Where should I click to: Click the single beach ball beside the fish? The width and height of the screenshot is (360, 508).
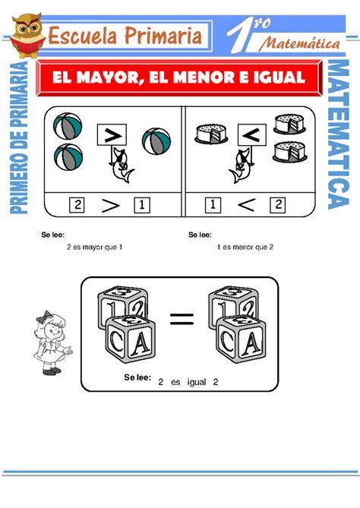156,140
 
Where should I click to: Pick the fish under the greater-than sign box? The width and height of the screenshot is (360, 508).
119,166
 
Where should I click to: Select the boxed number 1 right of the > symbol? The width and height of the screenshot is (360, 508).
141,204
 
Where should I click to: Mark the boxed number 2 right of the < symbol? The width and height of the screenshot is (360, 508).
278,204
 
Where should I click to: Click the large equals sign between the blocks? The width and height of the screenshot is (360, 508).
182,320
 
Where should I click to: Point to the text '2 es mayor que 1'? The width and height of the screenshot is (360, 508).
94,247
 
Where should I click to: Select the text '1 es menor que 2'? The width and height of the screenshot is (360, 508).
245,247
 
